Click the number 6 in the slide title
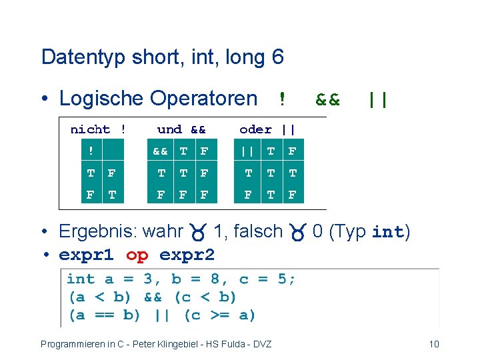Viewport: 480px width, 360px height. coord(277,57)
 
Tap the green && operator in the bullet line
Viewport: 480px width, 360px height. coord(327,99)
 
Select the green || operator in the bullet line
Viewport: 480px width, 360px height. coord(378,99)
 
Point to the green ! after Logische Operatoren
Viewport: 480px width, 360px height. coord(282,99)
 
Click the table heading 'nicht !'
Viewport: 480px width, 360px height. coord(99,129)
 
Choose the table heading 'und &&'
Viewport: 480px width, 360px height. coord(181,129)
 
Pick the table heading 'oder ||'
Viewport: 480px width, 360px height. coord(267,129)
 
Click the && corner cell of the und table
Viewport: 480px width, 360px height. coord(161,151)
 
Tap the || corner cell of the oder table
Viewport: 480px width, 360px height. coord(248,151)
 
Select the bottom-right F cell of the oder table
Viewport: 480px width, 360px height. coord(291,195)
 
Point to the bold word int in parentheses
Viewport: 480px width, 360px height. coord(388,232)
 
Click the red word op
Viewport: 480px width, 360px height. coord(137,255)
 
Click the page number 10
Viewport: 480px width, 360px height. coord(433,344)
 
